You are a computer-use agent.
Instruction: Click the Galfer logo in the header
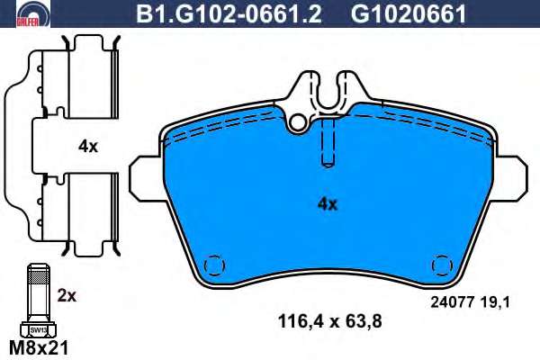point(33,13)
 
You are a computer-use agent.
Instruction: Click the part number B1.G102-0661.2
point(229,13)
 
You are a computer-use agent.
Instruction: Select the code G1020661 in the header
point(408,13)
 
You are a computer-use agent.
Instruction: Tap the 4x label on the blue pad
point(328,204)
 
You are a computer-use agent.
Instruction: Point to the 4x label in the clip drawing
point(88,147)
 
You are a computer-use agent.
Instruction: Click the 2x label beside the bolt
point(67,295)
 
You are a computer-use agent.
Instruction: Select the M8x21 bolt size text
point(39,348)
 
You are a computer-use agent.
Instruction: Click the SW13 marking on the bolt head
point(38,329)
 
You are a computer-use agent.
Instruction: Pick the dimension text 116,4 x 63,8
point(329,322)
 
